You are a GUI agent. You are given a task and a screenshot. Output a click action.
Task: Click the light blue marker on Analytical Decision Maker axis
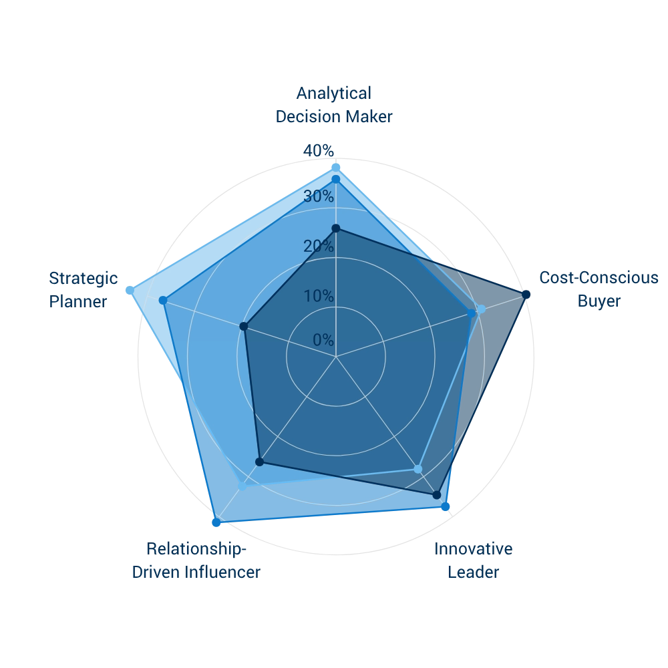[x=336, y=168]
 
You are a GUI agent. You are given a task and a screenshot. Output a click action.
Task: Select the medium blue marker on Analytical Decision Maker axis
[x=336, y=180]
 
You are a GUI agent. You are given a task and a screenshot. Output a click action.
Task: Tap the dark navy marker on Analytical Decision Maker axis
[x=336, y=228]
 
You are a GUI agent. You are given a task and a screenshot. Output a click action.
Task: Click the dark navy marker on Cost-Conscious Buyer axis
[x=526, y=295]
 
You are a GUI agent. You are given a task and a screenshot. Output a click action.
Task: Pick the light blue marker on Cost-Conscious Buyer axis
[x=481, y=309]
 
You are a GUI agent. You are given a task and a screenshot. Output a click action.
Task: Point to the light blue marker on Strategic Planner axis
[x=130, y=291]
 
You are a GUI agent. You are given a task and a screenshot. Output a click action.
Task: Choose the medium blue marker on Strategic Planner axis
[x=163, y=301]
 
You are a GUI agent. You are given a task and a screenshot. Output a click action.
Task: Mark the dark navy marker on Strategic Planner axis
[x=244, y=327]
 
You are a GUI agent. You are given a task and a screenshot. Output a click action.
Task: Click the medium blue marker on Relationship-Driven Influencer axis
[x=216, y=522]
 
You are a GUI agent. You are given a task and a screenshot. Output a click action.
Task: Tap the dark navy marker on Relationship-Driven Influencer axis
[x=259, y=462]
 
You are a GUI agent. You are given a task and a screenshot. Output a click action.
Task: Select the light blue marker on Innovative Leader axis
[x=418, y=470]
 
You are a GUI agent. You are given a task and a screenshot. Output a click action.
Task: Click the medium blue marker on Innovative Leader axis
[x=445, y=506]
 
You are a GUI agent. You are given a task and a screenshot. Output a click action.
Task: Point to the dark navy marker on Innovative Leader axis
[x=437, y=495]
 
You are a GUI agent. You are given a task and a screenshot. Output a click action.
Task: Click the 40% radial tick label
[x=319, y=150]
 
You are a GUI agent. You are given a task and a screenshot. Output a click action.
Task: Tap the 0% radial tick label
[x=323, y=339]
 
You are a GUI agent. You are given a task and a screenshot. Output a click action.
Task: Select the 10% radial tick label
[x=319, y=296]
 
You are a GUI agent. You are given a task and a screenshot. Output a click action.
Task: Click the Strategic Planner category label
[x=83, y=290]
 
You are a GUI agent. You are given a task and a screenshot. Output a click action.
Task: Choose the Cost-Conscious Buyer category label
[x=599, y=289]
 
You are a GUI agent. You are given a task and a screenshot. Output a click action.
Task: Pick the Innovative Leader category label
[x=474, y=560]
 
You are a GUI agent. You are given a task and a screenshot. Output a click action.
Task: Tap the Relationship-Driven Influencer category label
[x=196, y=560]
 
